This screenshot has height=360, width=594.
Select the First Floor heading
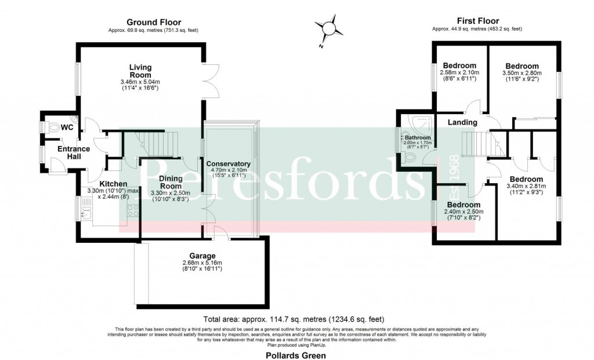(477, 21)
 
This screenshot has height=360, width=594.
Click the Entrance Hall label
(74, 153)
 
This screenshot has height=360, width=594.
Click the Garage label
(202, 256)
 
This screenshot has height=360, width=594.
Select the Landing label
(462, 122)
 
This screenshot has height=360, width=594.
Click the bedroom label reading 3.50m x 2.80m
(521, 74)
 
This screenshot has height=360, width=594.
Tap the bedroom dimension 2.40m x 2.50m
(463, 212)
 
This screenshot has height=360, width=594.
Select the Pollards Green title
(296, 355)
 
